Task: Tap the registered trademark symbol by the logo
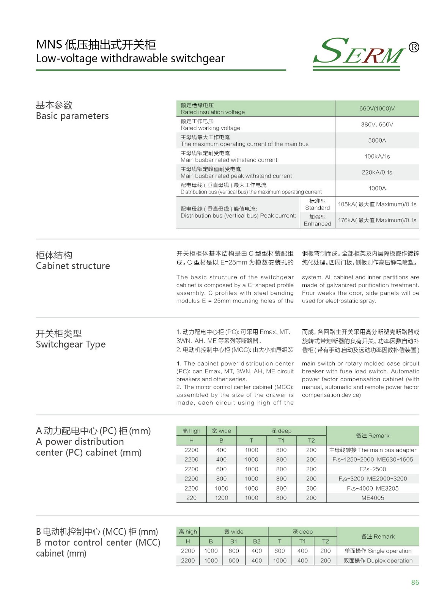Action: (414, 47)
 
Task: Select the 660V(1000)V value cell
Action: (377, 109)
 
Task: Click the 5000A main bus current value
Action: (377, 140)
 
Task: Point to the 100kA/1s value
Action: (377, 156)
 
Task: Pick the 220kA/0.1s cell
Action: (377, 172)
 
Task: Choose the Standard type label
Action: (317, 204)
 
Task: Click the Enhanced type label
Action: (317, 220)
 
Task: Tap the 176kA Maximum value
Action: (377, 220)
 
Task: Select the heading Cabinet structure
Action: (73, 266)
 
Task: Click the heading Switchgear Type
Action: (71, 344)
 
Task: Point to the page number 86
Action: (415, 582)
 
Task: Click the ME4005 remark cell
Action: (372, 498)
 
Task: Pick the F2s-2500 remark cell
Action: (372, 469)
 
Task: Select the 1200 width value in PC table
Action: (221, 498)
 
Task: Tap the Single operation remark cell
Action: (378, 551)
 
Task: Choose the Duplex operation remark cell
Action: (378, 560)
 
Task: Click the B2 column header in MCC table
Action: (257, 541)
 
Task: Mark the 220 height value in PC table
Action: (191, 498)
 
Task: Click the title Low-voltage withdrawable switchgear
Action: (130, 58)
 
